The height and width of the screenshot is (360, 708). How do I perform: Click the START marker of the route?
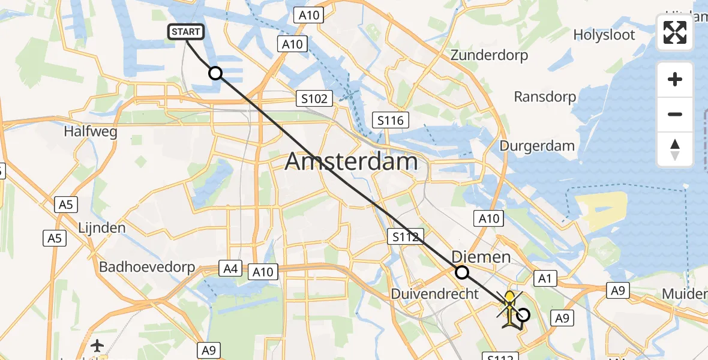pos(187,32)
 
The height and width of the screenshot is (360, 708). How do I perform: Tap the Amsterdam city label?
pos(351,162)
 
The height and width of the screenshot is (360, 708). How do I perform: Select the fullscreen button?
pos(675,32)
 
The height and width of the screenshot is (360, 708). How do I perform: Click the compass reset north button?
pos(675,149)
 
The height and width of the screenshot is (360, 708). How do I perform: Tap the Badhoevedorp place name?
pos(147,267)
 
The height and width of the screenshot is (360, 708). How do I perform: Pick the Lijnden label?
pos(102,228)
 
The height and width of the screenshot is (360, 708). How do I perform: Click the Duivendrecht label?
pos(435,294)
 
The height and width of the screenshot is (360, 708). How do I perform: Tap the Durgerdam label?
pos(537,146)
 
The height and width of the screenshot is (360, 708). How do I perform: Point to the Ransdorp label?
pos(545,97)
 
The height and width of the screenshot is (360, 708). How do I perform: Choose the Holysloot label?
pos(604,35)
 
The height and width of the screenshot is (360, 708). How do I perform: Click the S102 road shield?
pos(314,98)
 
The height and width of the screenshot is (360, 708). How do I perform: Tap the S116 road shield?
pos(390,120)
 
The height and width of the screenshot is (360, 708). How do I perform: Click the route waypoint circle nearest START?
pos(215,73)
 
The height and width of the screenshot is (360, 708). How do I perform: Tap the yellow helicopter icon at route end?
pos(509,307)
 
